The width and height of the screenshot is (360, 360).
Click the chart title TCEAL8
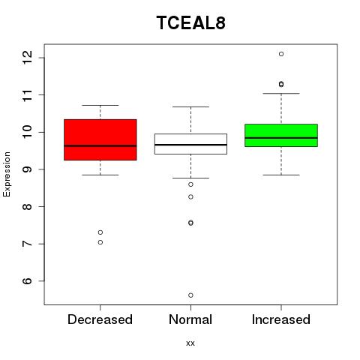click(191, 22)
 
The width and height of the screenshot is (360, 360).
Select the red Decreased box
click(100, 139)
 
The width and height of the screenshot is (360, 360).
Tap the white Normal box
click(190, 144)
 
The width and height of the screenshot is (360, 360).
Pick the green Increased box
click(281, 135)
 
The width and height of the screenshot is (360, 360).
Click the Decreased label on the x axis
click(100, 319)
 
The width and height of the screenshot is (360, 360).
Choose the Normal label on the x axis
click(190, 319)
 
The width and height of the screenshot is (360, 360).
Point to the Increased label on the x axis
click(281, 319)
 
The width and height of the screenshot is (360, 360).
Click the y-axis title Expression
click(7, 174)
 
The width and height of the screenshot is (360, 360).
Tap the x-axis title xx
click(190, 343)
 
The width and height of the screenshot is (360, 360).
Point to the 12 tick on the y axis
click(28, 58)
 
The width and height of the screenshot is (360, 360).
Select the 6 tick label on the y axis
click(28, 281)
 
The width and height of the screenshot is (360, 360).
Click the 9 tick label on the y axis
click(28, 169)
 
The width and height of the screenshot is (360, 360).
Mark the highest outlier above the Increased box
click(281, 54)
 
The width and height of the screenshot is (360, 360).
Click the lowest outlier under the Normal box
click(190, 295)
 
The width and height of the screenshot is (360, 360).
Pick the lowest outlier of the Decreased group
click(100, 242)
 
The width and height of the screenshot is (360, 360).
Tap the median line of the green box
click(281, 138)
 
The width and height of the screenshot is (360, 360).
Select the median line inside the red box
click(100, 145)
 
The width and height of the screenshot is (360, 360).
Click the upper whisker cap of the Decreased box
click(100, 105)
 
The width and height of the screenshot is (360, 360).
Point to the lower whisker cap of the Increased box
click(281, 175)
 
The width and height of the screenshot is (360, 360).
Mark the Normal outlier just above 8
click(190, 197)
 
